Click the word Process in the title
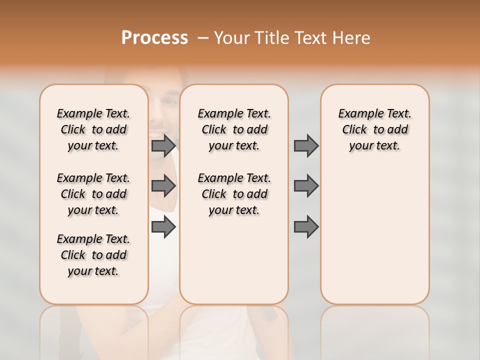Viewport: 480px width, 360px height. tap(154, 38)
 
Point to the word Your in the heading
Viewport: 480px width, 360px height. tap(231, 38)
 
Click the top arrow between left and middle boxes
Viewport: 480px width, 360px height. tap(163, 145)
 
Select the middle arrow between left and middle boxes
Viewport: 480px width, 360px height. tap(163, 186)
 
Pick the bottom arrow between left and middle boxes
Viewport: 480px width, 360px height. tap(163, 227)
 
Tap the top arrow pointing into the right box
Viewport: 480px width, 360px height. tap(306, 145)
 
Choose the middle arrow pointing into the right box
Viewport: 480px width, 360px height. tap(306, 186)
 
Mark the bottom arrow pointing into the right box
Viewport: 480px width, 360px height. tap(306, 227)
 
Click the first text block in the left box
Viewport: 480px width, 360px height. tap(93, 129)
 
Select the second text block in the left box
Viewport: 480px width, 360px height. tap(93, 194)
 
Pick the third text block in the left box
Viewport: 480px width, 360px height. tap(93, 255)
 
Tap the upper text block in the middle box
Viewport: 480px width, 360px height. tap(234, 129)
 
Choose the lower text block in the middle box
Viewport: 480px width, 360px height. tap(234, 194)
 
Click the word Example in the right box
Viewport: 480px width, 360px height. tap(357, 113)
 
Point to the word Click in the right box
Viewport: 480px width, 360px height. tap(354, 129)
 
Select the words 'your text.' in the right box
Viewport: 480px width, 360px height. tap(374, 145)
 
